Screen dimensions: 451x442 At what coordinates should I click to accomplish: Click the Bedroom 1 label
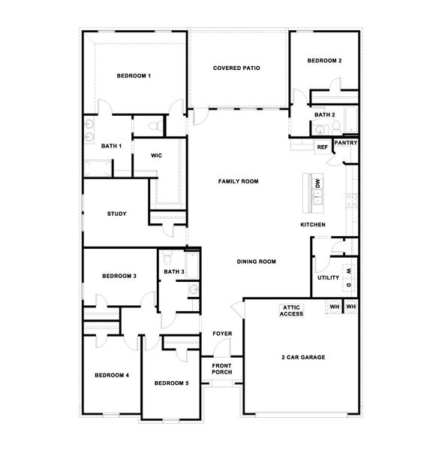click(x=134, y=76)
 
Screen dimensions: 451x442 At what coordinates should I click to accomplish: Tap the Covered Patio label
click(x=236, y=68)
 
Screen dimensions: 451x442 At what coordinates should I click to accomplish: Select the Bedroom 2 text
click(x=325, y=61)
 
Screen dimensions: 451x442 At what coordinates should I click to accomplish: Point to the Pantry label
click(x=345, y=142)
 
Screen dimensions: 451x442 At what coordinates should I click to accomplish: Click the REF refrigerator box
click(x=322, y=147)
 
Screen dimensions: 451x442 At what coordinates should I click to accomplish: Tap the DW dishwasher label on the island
click(x=318, y=183)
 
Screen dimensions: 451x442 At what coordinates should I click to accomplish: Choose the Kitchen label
click(x=312, y=225)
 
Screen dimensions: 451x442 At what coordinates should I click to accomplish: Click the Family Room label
click(x=238, y=182)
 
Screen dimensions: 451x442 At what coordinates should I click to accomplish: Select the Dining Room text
click(x=257, y=262)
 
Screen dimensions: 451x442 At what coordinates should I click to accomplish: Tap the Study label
click(x=116, y=213)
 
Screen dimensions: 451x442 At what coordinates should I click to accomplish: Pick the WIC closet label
click(x=156, y=156)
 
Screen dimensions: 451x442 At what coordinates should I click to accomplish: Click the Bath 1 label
click(x=111, y=146)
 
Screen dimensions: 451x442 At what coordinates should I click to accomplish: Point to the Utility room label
click(x=328, y=278)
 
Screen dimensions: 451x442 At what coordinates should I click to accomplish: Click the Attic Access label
click(x=292, y=310)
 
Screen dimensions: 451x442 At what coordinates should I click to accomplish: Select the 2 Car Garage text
click(x=303, y=357)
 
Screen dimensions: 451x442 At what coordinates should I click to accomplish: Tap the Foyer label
click(x=222, y=333)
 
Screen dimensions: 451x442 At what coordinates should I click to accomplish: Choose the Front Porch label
click(x=222, y=368)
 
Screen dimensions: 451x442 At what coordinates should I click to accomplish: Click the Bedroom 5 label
click(x=171, y=383)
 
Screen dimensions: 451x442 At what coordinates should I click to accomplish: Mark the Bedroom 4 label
click(x=112, y=375)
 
